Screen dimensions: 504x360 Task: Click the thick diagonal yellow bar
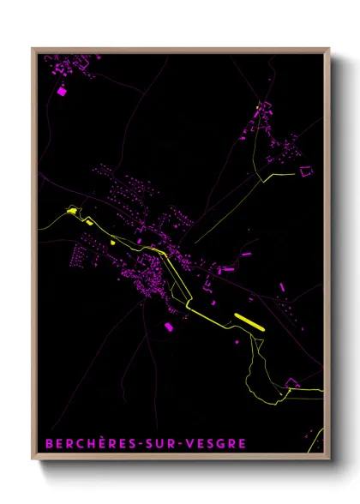click(250, 321)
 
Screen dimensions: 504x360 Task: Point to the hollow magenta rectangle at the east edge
click(306, 171)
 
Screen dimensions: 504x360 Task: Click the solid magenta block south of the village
click(169, 326)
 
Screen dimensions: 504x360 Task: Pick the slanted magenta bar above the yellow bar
click(245, 255)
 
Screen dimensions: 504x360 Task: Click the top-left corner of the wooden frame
click(33, 49)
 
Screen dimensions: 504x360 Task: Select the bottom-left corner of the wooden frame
click(33, 461)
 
